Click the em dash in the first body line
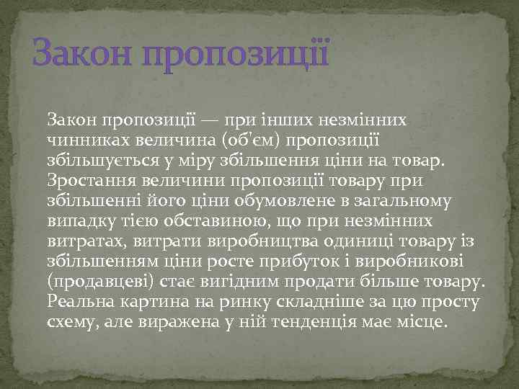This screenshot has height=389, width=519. pos(213,117)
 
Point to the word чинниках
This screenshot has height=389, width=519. pos(80,138)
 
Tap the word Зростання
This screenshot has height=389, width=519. pos(84,178)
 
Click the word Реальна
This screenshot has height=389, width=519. pos(79,299)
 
